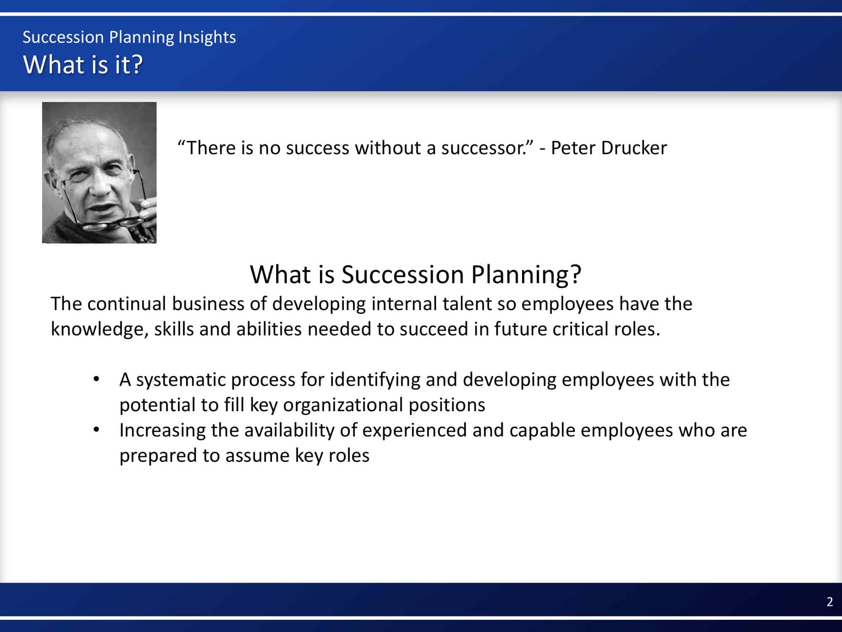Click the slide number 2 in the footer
[829, 602]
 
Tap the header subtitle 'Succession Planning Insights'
[129, 37]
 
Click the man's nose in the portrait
[99, 185]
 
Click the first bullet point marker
[96, 379]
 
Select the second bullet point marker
[96, 430]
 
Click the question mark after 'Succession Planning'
[575, 274]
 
